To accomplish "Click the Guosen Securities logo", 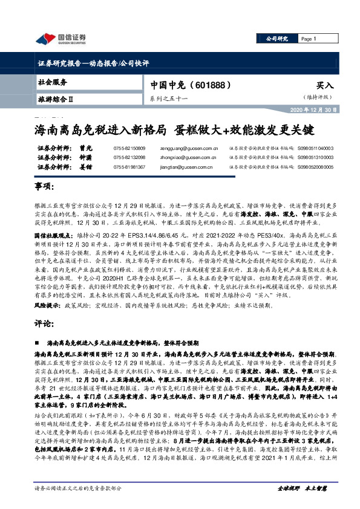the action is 61,40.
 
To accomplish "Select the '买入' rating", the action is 325,86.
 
